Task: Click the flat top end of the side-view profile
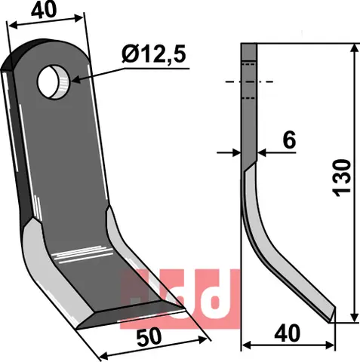pos(249,46)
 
